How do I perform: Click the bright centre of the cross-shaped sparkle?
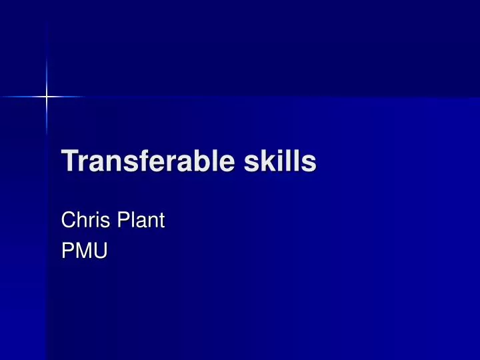pyautogui.click(x=47, y=97)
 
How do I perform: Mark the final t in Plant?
pyautogui.click(x=161, y=219)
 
